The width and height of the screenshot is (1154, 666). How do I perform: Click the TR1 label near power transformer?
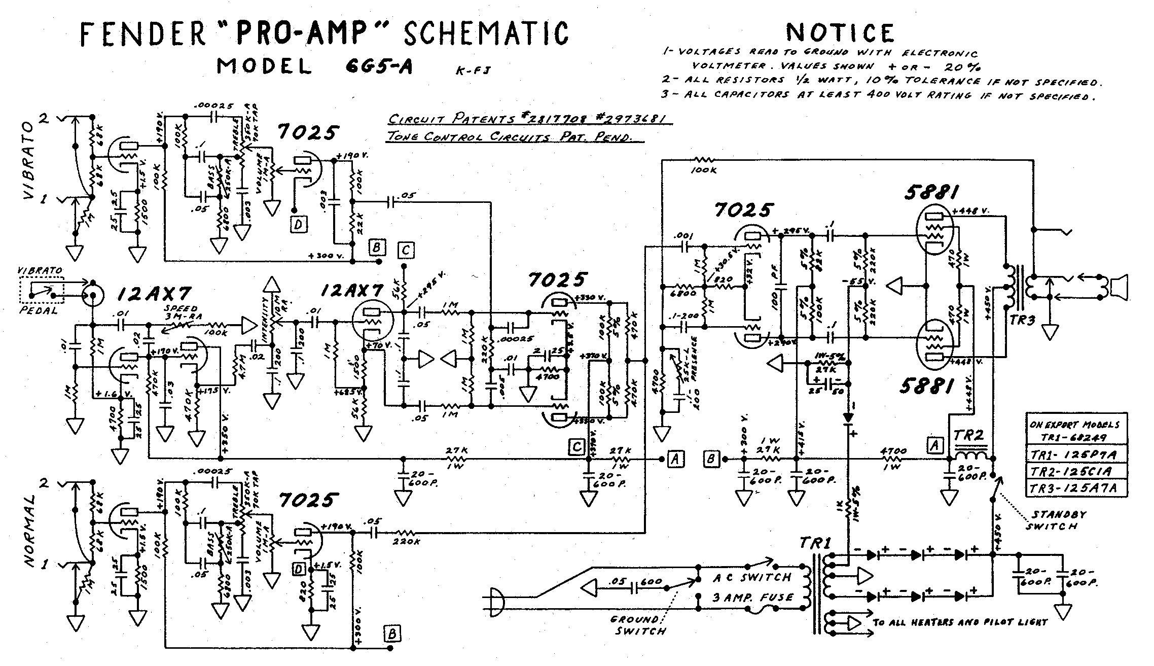tap(815, 543)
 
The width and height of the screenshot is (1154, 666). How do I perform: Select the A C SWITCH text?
tap(752, 577)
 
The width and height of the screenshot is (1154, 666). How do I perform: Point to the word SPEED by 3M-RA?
tap(181, 309)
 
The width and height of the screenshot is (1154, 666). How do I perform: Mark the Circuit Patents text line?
tap(530, 120)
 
